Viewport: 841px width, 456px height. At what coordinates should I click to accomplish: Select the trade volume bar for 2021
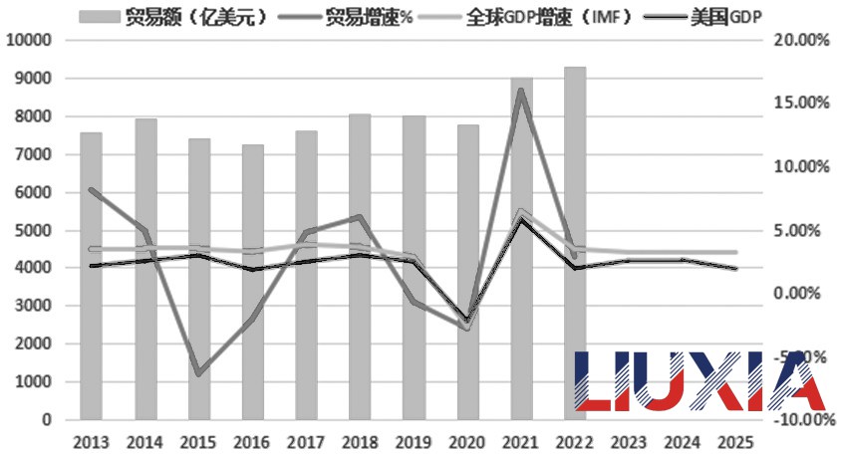click(x=522, y=249)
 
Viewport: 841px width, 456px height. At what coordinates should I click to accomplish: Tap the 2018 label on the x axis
click(x=360, y=441)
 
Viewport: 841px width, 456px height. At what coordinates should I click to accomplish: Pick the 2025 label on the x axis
click(x=735, y=441)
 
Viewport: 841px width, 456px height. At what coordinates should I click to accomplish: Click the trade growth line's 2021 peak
click(x=521, y=92)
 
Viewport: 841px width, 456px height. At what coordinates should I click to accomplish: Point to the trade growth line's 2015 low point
click(x=199, y=373)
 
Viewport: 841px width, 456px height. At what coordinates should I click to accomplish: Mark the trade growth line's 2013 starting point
click(x=92, y=189)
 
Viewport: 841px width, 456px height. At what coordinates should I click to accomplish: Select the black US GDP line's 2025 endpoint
click(x=735, y=268)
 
